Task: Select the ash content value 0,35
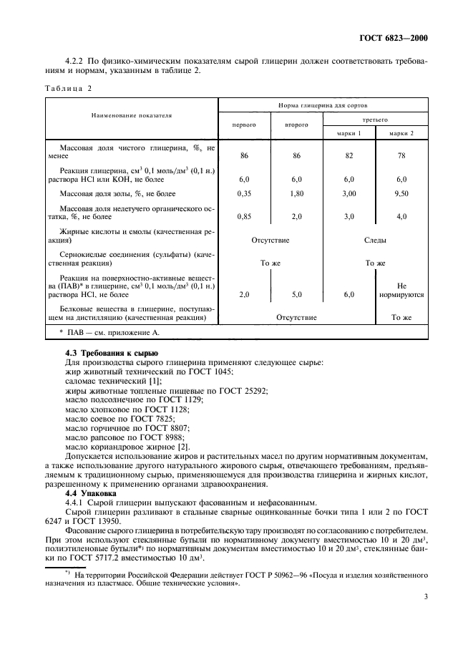tap(245, 193)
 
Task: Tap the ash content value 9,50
tap(401, 193)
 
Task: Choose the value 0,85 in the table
tap(245, 216)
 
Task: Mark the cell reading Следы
tap(375, 241)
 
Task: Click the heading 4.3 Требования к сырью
tap(107, 354)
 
